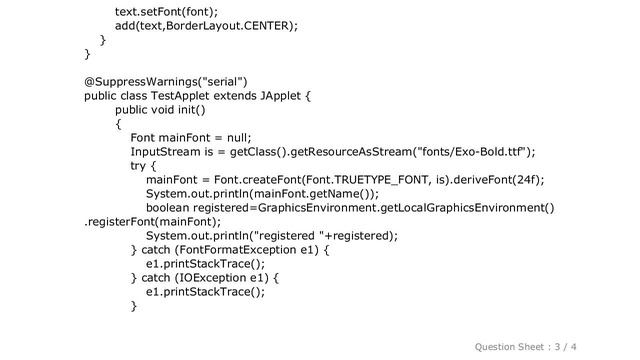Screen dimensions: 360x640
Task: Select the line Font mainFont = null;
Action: pos(190,138)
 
